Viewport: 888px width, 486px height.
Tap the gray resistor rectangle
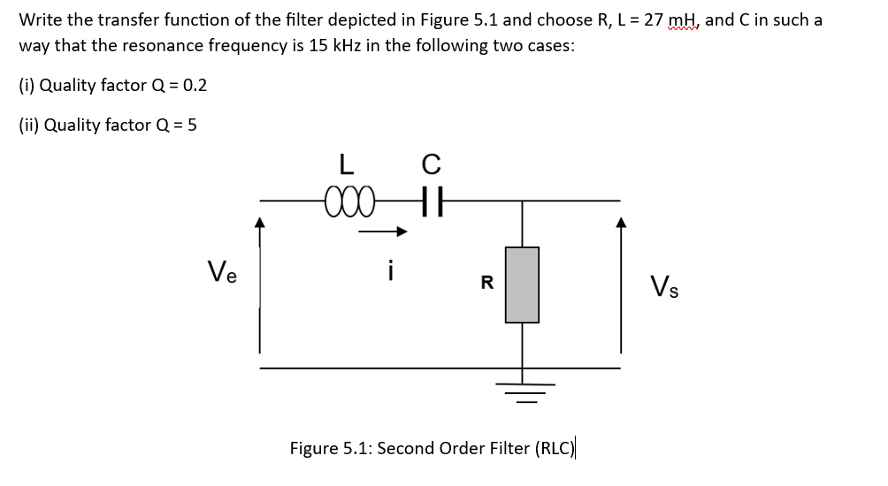522,284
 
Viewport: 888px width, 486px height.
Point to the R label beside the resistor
486,284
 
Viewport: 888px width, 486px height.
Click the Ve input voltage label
222,270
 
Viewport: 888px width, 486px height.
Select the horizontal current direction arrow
382,233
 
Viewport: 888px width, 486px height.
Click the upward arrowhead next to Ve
259,224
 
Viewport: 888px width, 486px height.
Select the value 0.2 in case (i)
194,86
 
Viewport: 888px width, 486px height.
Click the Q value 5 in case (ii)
192,125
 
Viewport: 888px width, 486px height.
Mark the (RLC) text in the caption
555,448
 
